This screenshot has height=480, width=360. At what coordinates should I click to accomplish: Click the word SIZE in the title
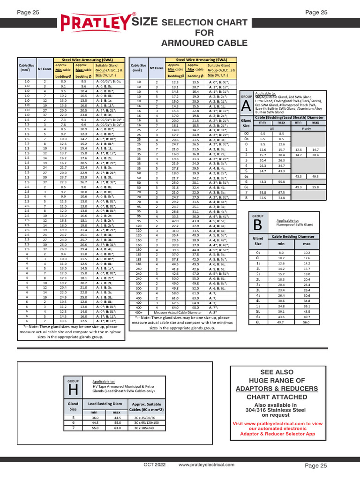point(145,22)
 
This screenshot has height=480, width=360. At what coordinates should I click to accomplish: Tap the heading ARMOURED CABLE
point(204,44)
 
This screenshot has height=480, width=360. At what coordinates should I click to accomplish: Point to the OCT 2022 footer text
point(155,465)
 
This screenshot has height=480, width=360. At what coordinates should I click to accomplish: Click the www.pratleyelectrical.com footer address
point(207,465)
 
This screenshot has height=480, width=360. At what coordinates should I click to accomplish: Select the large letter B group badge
point(258,225)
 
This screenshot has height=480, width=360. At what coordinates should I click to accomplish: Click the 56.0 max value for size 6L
point(307,322)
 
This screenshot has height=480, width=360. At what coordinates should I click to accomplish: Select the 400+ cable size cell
point(139,312)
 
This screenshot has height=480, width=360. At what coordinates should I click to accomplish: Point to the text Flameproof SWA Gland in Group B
point(295,225)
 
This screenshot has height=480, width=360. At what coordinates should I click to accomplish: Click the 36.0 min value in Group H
point(95,417)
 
